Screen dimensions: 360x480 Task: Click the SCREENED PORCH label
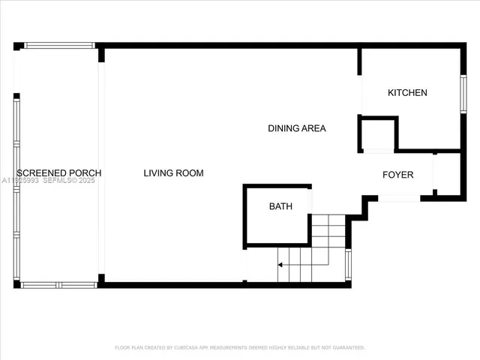pos(58,173)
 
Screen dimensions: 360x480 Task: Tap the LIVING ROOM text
pos(173,173)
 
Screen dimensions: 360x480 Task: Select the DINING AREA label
pos(297,128)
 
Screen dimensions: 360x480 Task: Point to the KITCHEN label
pos(407,93)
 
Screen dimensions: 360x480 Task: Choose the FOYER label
pos(397,175)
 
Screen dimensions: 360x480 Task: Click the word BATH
pos(280,206)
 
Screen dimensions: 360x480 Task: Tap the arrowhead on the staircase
pos(280,264)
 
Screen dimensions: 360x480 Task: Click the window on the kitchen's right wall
pos(463,94)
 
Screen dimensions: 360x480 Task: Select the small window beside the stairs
pos(348,265)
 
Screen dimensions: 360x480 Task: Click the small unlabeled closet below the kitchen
pos(378,136)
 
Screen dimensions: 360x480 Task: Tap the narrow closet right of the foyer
pos(447,174)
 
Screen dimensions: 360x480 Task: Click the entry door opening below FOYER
pos(399,198)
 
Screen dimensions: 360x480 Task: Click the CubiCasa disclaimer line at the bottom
pos(240,347)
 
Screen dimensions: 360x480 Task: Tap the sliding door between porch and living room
pos(101,168)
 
